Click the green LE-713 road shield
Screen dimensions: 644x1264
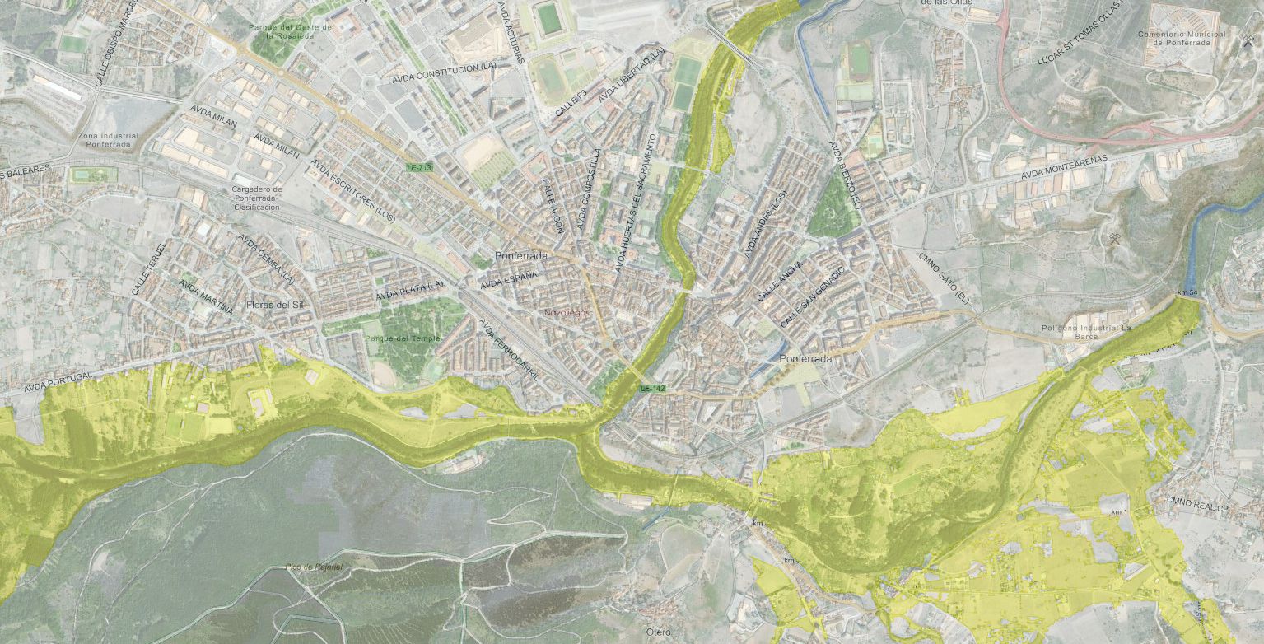(419, 168)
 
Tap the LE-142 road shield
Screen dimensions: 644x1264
(652, 388)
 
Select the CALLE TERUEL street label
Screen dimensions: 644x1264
(149, 268)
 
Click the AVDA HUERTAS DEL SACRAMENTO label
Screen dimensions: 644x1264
(637, 203)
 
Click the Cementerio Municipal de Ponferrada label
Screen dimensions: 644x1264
(1182, 38)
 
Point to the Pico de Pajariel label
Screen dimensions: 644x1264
(314, 567)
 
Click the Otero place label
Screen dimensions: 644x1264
(658, 632)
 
